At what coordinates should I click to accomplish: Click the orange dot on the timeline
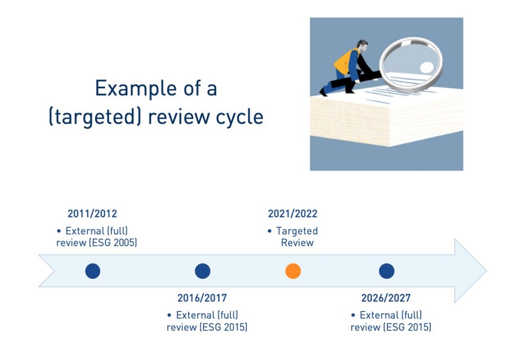pos(293,271)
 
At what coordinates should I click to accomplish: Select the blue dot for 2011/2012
pos(93,271)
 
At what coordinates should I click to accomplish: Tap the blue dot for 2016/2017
pos(203,271)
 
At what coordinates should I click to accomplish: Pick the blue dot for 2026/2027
pos(387,271)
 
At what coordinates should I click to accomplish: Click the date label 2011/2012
pos(92,213)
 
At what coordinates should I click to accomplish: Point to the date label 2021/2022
pos(293,213)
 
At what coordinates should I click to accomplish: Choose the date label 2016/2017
pos(202,298)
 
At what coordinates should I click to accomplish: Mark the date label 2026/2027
pos(386,298)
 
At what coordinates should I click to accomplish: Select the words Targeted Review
pos(297,237)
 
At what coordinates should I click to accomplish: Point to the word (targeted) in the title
pos(95,117)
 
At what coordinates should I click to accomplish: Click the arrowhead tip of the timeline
pos(486,271)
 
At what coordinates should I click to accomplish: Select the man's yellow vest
pos(345,62)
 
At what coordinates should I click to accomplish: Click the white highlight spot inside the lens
pos(427,67)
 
